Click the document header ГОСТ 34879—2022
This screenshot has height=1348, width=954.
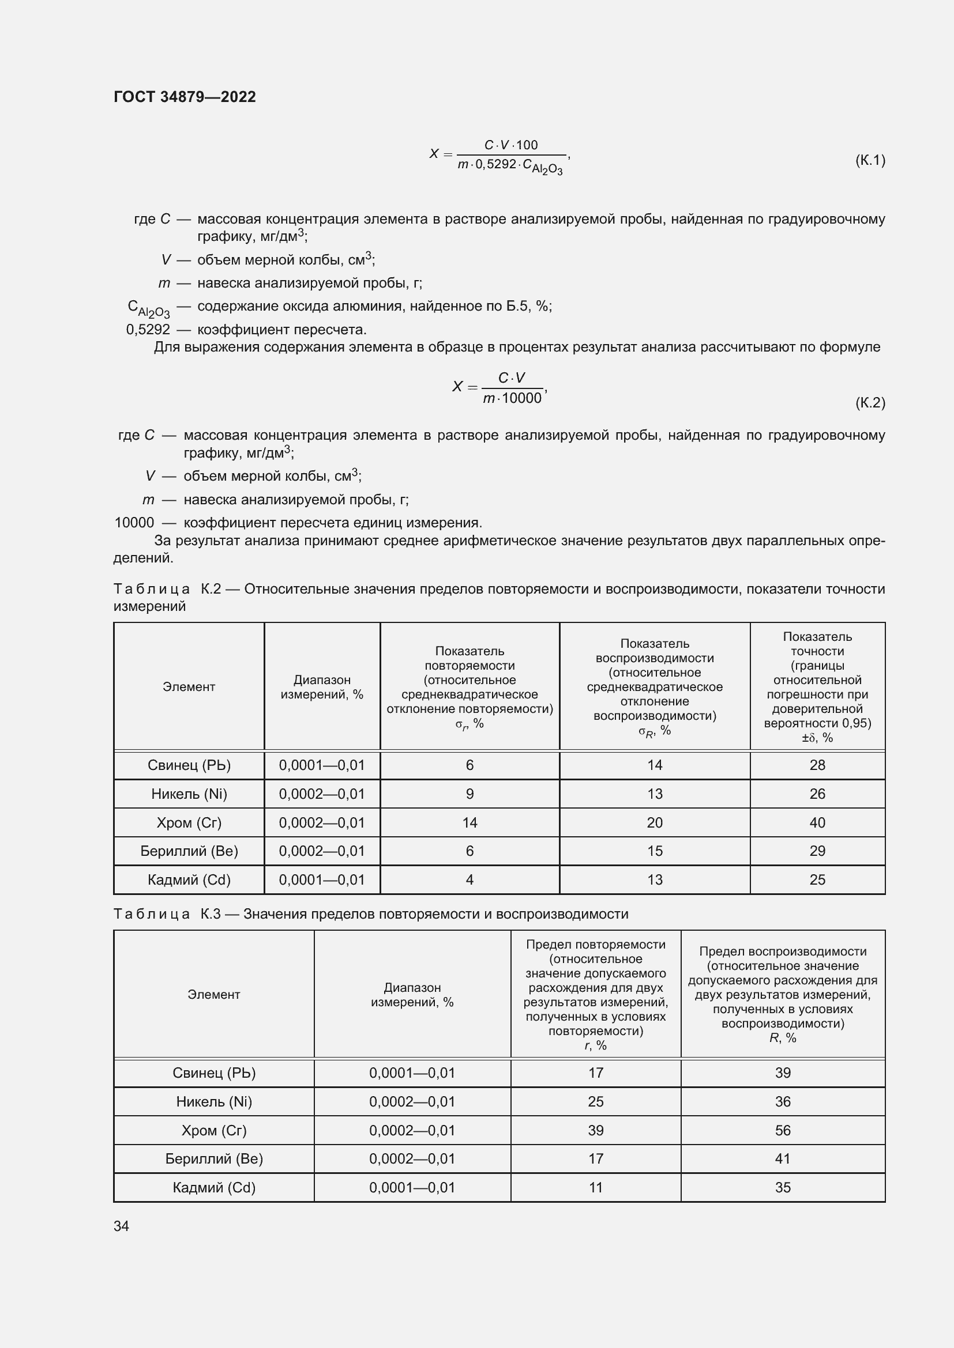pos(185,97)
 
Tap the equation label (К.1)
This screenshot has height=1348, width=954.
pos(869,160)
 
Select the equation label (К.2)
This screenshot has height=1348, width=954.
pos(869,402)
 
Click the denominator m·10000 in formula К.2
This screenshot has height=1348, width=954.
pos(512,399)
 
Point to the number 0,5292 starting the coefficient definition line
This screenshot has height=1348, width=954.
pos(148,330)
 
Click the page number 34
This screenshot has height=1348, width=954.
pos(122,1226)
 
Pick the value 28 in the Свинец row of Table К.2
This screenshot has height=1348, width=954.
pos(817,765)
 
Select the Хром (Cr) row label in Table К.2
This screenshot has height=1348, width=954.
pos(189,822)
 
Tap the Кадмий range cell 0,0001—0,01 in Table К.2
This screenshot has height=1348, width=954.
pos(321,879)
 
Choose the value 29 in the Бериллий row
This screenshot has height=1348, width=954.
pos(817,851)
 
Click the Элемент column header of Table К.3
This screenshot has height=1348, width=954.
pos(213,994)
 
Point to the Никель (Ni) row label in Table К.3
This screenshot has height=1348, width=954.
pos(213,1101)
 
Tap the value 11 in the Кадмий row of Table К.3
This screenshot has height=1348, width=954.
pos(595,1187)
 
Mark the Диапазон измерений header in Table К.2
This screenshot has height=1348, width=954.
pos(321,687)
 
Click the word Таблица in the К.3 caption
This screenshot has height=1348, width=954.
pos(152,913)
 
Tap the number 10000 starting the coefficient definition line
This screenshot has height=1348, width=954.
pos(134,523)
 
